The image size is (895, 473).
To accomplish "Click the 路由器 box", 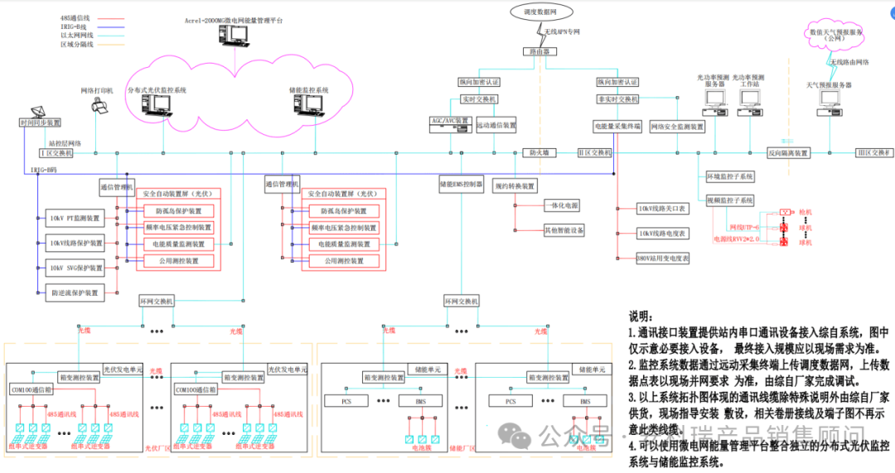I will coord(541,51).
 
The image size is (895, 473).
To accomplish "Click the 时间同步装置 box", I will coord(40,123).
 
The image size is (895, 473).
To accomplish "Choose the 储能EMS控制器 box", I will coord(461,185).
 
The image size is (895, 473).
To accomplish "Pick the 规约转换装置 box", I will coord(515,186).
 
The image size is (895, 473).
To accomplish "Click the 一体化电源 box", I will coord(563,205).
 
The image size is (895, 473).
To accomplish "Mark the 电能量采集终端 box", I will coord(617,127).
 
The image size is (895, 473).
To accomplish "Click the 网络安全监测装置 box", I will coord(676,127).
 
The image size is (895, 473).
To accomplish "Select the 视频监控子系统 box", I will coord(729,200).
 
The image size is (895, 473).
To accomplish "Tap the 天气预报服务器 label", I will coord(830,85).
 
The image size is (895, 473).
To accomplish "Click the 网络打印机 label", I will coord(97,89).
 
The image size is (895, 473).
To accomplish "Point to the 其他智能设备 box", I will coord(564,229).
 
